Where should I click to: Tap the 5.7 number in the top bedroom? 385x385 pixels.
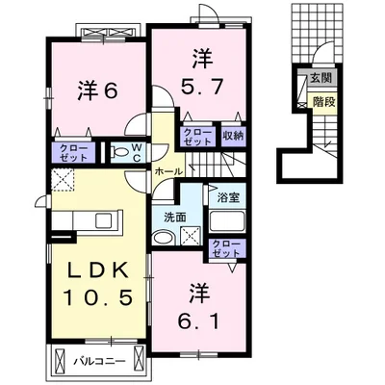click(202, 87)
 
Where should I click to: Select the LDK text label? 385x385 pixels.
click(98, 269)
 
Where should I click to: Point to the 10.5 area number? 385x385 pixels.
click(98, 296)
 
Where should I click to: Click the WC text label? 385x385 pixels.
click(137, 153)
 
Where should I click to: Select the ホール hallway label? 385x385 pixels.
click(168, 171)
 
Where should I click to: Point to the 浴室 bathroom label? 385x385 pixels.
click(228, 197)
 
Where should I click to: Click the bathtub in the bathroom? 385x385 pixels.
click(227, 221)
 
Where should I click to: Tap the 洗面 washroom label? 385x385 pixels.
click(175, 218)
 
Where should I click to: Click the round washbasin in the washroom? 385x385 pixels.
click(163, 238)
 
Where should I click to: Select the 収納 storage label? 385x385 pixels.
click(233, 136)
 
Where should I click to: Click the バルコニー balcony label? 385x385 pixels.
click(99, 362)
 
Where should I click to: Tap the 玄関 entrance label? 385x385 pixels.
click(321, 78)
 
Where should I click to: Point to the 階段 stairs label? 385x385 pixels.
click(324, 102)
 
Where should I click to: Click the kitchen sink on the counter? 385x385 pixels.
click(104, 220)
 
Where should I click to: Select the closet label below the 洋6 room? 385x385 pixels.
click(74, 153)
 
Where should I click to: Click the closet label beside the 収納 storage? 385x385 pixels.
click(197, 137)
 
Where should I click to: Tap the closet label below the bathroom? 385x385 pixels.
click(226, 248)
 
